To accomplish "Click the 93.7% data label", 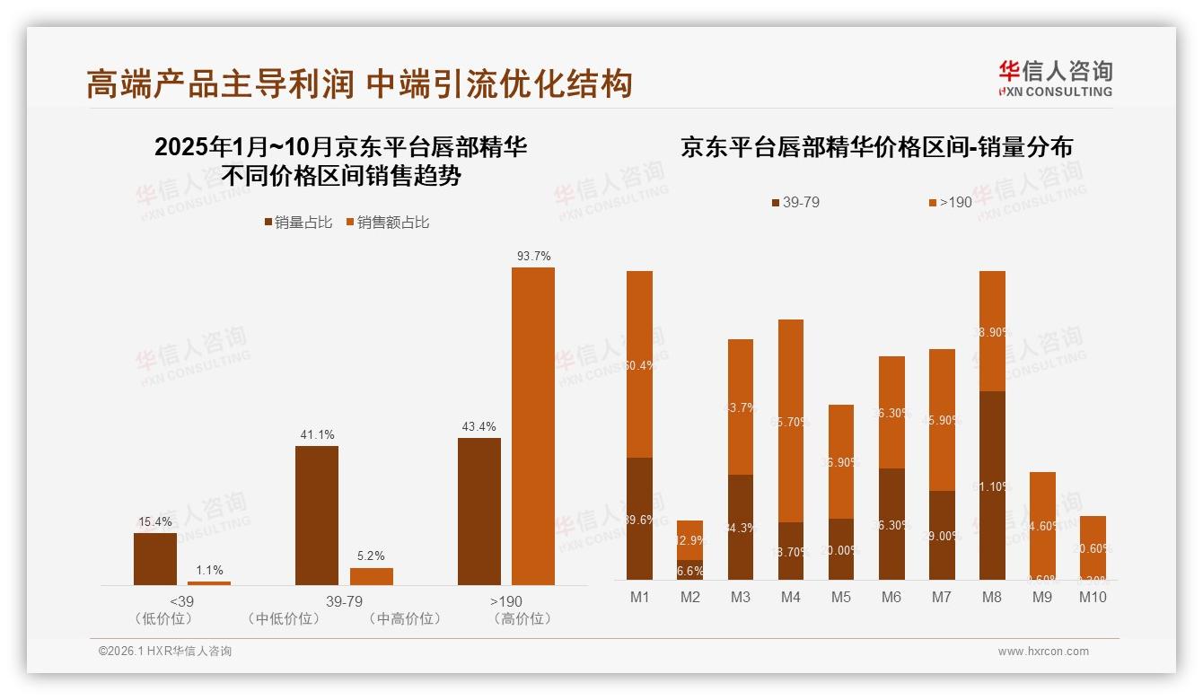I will click(533, 257).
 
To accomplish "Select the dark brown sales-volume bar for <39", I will click(155, 558).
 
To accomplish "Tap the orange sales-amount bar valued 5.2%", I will click(371, 576).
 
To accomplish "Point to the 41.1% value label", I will click(317, 434).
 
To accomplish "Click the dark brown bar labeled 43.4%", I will click(479, 512).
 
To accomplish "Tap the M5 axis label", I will click(841, 596).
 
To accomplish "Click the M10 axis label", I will click(1093, 596).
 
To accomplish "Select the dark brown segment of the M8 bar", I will click(992, 485).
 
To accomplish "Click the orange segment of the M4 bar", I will click(791, 420).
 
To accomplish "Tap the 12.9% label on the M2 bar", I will click(690, 540).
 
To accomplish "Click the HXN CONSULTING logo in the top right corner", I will click(1055, 78).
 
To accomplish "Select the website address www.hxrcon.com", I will click(1043, 652).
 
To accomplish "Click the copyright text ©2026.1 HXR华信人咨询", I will click(165, 652).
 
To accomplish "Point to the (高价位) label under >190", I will click(522, 618).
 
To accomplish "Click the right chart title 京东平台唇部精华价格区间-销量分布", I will click(876, 148).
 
